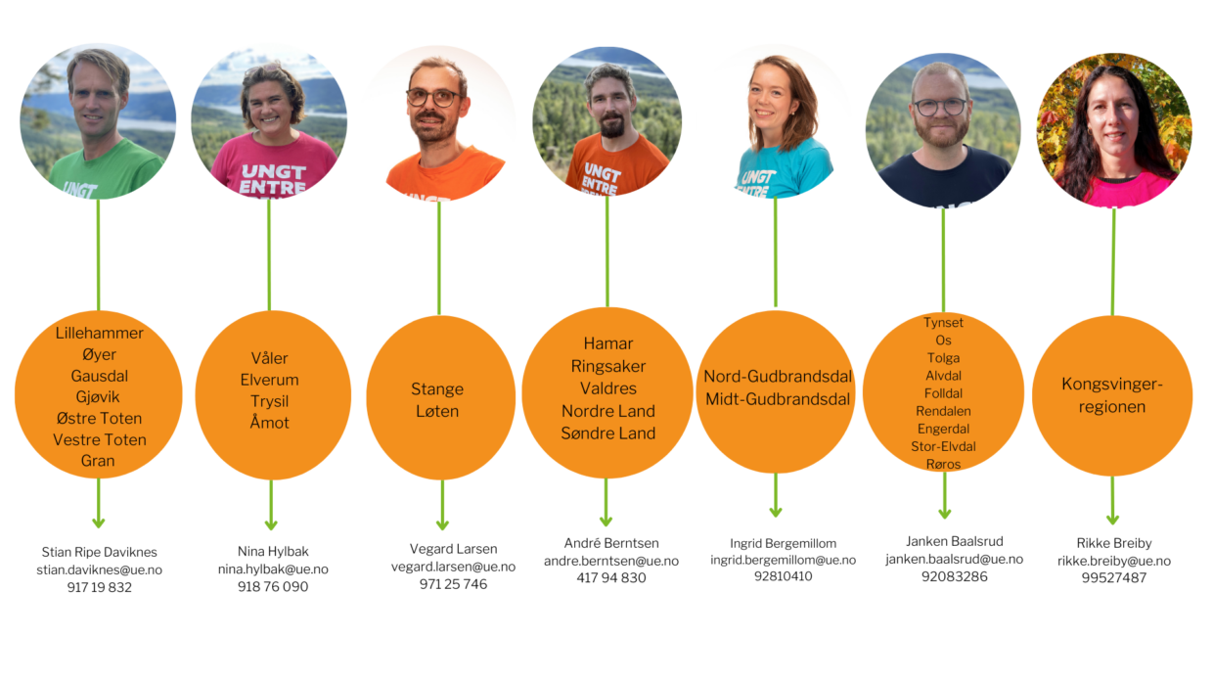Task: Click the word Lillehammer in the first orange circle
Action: click(x=99, y=334)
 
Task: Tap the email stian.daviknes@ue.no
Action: click(x=99, y=569)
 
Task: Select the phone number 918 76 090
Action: click(x=273, y=587)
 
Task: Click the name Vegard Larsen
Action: click(x=453, y=549)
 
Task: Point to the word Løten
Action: click(x=437, y=411)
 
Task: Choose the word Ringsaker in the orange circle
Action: click(x=608, y=366)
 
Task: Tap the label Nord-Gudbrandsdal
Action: click(x=778, y=377)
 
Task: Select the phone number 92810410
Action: click(x=783, y=576)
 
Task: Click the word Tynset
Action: click(x=943, y=323)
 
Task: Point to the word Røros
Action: click(x=943, y=464)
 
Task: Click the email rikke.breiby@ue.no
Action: click(x=1113, y=561)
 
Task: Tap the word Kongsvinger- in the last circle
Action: click(x=1112, y=384)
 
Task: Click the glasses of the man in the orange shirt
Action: click(x=432, y=98)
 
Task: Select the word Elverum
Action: click(x=270, y=380)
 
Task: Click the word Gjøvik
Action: click(x=98, y=397)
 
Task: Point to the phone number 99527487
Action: click(x=1113, y=578)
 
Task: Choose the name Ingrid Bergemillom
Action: click(x=783, y=543)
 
